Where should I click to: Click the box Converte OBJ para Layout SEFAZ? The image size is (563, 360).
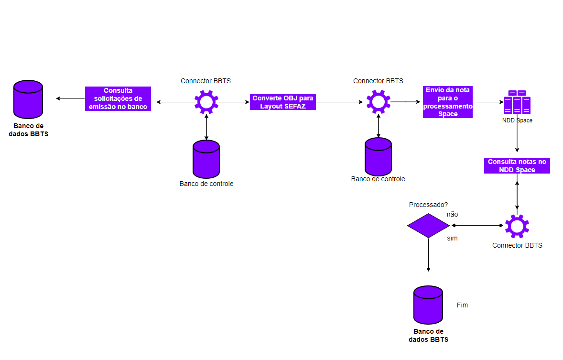tap(283, 102)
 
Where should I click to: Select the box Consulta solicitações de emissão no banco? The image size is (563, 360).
tap(118, 98)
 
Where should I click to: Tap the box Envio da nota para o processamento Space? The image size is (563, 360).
tap(448, 102)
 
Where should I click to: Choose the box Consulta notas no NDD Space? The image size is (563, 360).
tap(517, 165)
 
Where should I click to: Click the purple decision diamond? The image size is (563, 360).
tap(428, 225)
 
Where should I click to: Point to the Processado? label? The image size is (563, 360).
tap(428, 205)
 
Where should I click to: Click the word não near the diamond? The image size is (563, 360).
tap(452, 214)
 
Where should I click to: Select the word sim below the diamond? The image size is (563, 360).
tap(452, 238)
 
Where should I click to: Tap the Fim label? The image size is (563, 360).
tap(462, 305)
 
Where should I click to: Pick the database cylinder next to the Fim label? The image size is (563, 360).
tap(428, 305)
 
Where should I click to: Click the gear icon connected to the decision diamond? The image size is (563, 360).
tap(517, 226)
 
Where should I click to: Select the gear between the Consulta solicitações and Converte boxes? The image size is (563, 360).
tap(206, 102)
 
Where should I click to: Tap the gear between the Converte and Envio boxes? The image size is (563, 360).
tap(379, 102)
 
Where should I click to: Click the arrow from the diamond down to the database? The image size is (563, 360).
tap(428, 254)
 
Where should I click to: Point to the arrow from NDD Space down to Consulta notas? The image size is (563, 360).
tap(517, 139)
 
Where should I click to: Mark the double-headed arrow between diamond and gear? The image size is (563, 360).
tap(477, 225)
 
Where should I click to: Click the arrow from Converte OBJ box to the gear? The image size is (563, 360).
tap(339, 102)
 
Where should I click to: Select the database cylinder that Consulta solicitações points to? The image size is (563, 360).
tap(28, 99)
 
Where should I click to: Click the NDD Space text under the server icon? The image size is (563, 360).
tap(517, 120)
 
